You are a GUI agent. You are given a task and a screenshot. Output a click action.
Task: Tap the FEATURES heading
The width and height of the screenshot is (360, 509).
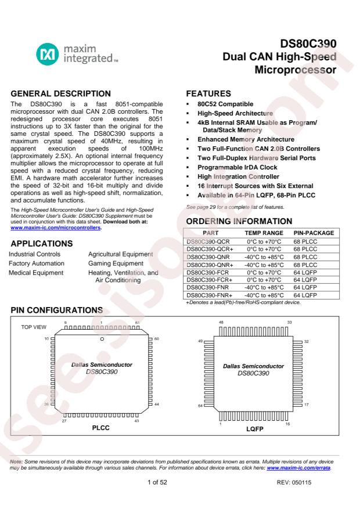click(x=208, y=93)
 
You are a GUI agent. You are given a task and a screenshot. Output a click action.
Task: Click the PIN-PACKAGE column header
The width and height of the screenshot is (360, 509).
click(x=314, y=233)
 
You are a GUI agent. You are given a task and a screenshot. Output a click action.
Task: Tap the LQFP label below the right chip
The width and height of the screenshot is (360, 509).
click(x=254, y=430)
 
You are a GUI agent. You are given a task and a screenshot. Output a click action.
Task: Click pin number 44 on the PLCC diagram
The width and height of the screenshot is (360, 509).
click(x=156, y=403)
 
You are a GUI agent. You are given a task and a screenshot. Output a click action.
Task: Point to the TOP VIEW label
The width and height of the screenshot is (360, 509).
click(x=34, y=327)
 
